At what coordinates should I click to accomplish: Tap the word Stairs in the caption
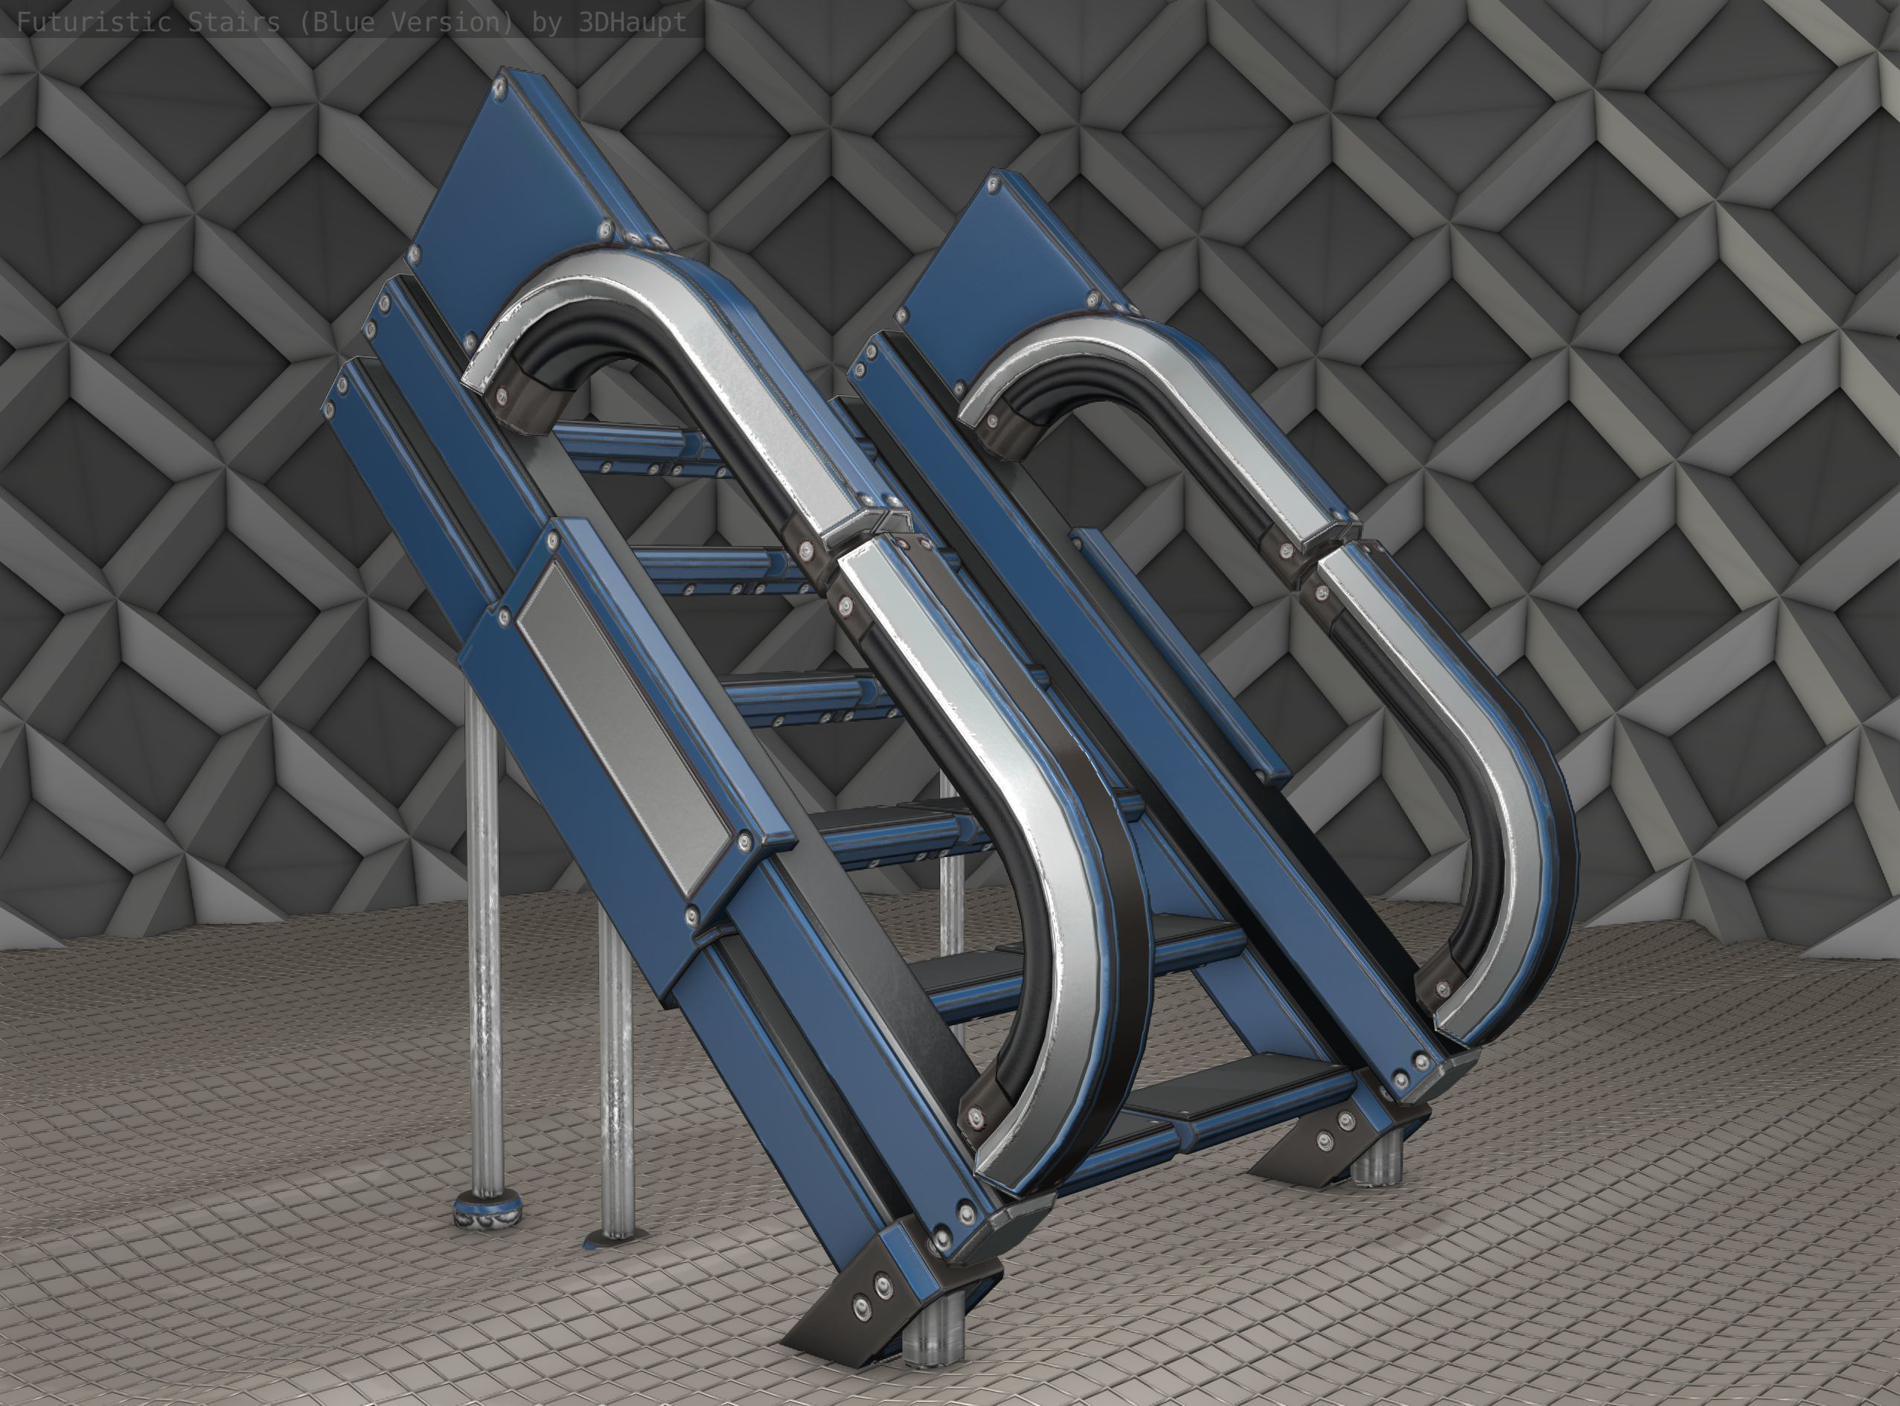pos(232,22)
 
